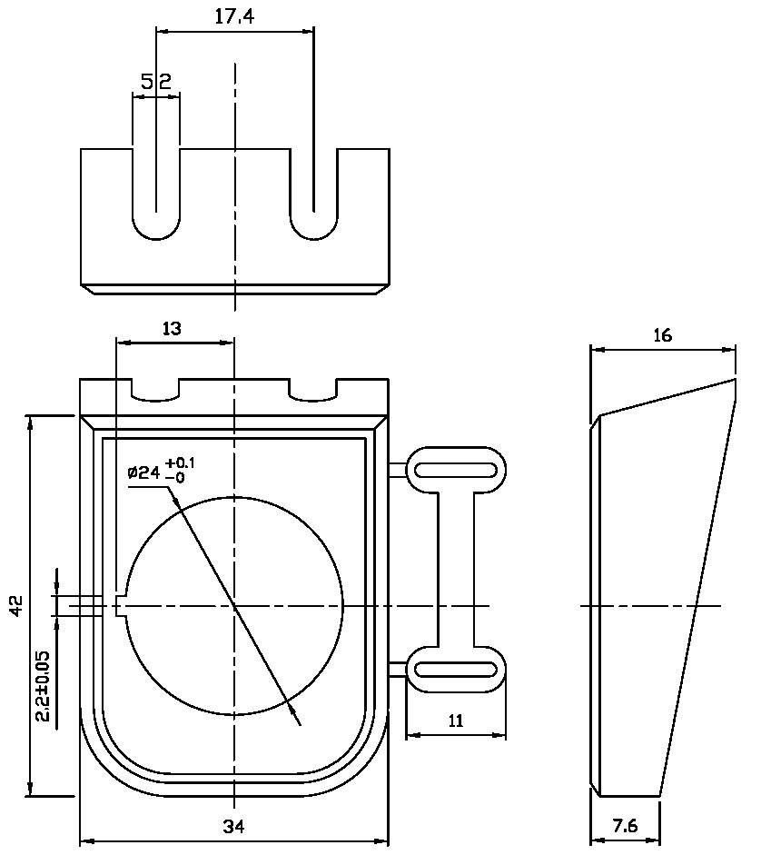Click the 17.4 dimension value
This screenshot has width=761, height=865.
click(234, 17)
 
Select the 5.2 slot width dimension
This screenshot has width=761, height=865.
click(156, 83)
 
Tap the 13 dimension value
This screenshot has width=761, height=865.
click(172, 329)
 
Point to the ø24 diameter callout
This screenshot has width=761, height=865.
click(144, 472)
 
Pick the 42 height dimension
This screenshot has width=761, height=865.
click(16, 606)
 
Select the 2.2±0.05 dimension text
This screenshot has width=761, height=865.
click(43, 686)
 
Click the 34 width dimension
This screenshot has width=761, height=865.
click(234, 826)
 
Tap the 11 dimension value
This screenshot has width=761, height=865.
click(456, 721)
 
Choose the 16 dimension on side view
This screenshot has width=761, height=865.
click(662, 335)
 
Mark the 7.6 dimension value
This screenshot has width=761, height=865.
click(626, 826)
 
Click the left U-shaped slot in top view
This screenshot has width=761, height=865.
click(156, 195)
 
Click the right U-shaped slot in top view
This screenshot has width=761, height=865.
click(314, 195)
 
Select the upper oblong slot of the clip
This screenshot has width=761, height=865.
click(456, 470)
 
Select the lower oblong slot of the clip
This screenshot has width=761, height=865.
click(456, 670)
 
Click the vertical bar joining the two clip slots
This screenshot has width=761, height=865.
click(456, 570)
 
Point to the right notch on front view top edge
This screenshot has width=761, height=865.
click(313, 389)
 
